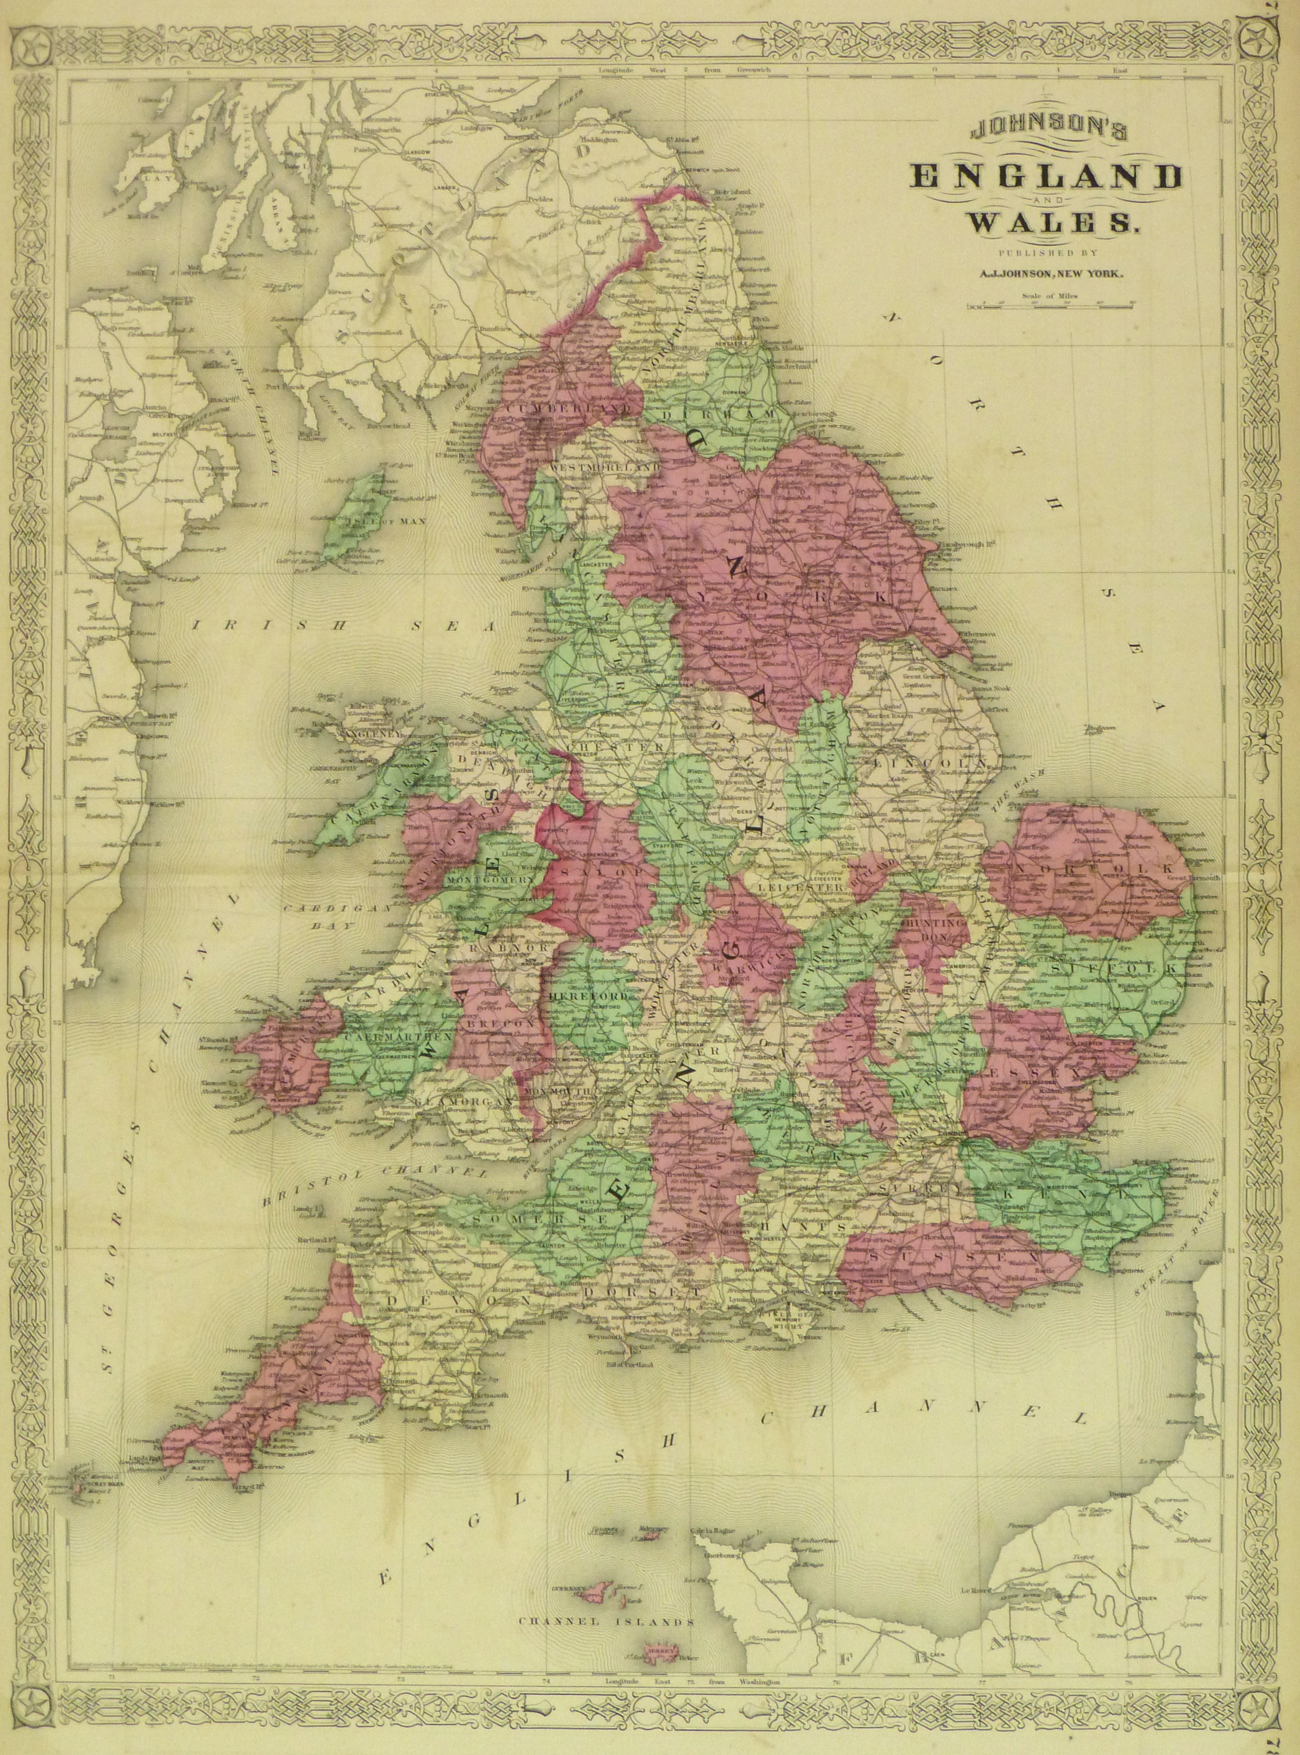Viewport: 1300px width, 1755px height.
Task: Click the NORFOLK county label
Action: coord(1094,869)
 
